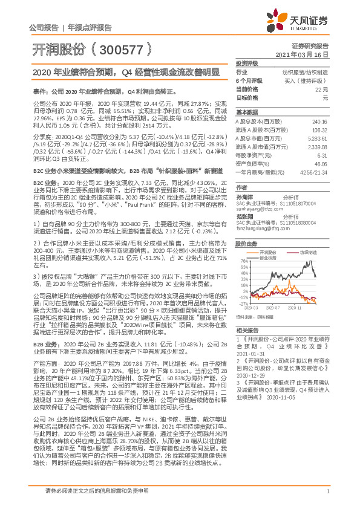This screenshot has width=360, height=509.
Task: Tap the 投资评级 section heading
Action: (x=247, y=63)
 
